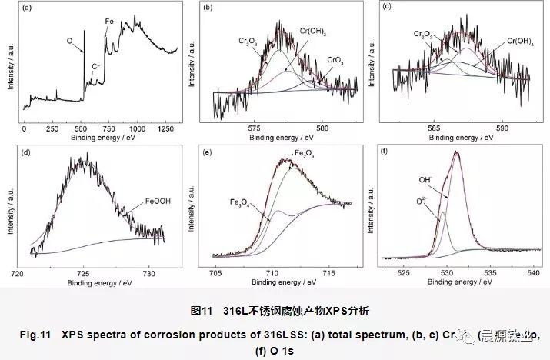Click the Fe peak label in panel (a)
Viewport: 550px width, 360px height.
click(x=109, y=24)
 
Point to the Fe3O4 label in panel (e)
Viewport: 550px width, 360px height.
click(x=241, y=202)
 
